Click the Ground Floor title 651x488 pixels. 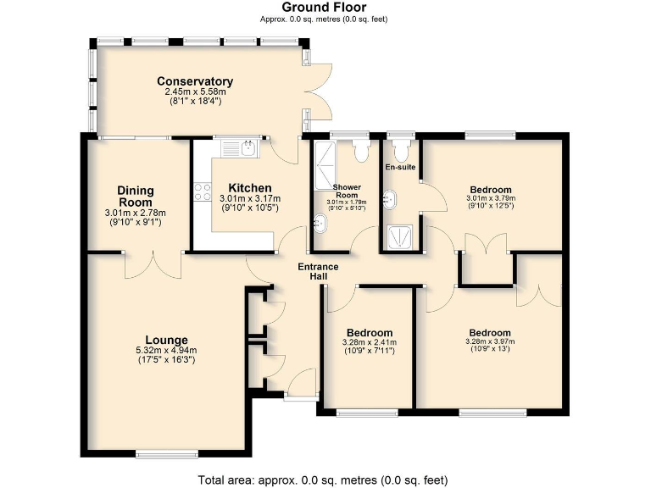(325, 8)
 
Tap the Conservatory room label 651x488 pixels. (195, 81)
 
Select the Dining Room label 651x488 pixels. (135, 197)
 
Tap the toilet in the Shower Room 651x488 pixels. (362, 150)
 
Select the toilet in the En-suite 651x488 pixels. (402, 150)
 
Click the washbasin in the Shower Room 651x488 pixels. (321, 224)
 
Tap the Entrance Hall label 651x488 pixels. (318, 272)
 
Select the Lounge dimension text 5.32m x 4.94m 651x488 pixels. (165, 350)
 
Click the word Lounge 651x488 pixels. (165, 340)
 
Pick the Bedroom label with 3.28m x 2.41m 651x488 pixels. (370, 332)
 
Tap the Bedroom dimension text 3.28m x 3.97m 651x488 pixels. (489, 342)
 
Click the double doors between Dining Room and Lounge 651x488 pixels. (153, 263)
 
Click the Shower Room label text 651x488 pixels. (347, 191)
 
